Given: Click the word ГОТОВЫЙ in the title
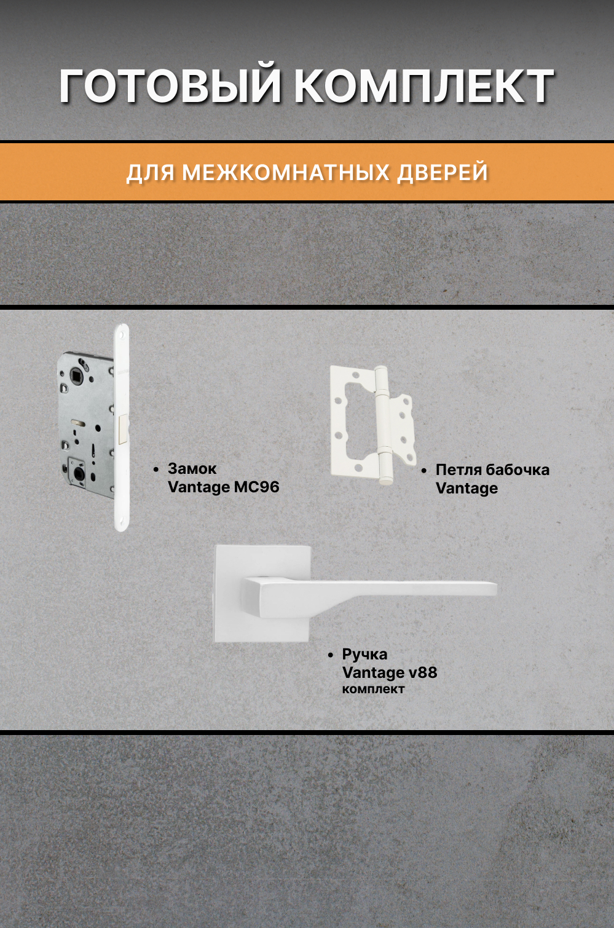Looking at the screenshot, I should click(x=171, y=86).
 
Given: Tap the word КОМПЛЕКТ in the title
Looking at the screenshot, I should click(x=423, y=86).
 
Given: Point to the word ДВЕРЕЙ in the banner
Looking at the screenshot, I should click(x=443, y=173).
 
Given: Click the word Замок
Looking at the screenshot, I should click(x=192, y=469).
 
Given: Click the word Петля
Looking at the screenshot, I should click(x=458, y=470).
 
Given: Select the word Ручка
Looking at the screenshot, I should click(x=364, y=655).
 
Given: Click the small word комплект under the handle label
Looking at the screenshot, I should click(x=373, y=690).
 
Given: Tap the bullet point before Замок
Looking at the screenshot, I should click(x=156, y=470).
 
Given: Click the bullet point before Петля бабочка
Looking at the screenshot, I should click(x=424, y=471).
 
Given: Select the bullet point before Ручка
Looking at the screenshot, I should click(x=331, y=655).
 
